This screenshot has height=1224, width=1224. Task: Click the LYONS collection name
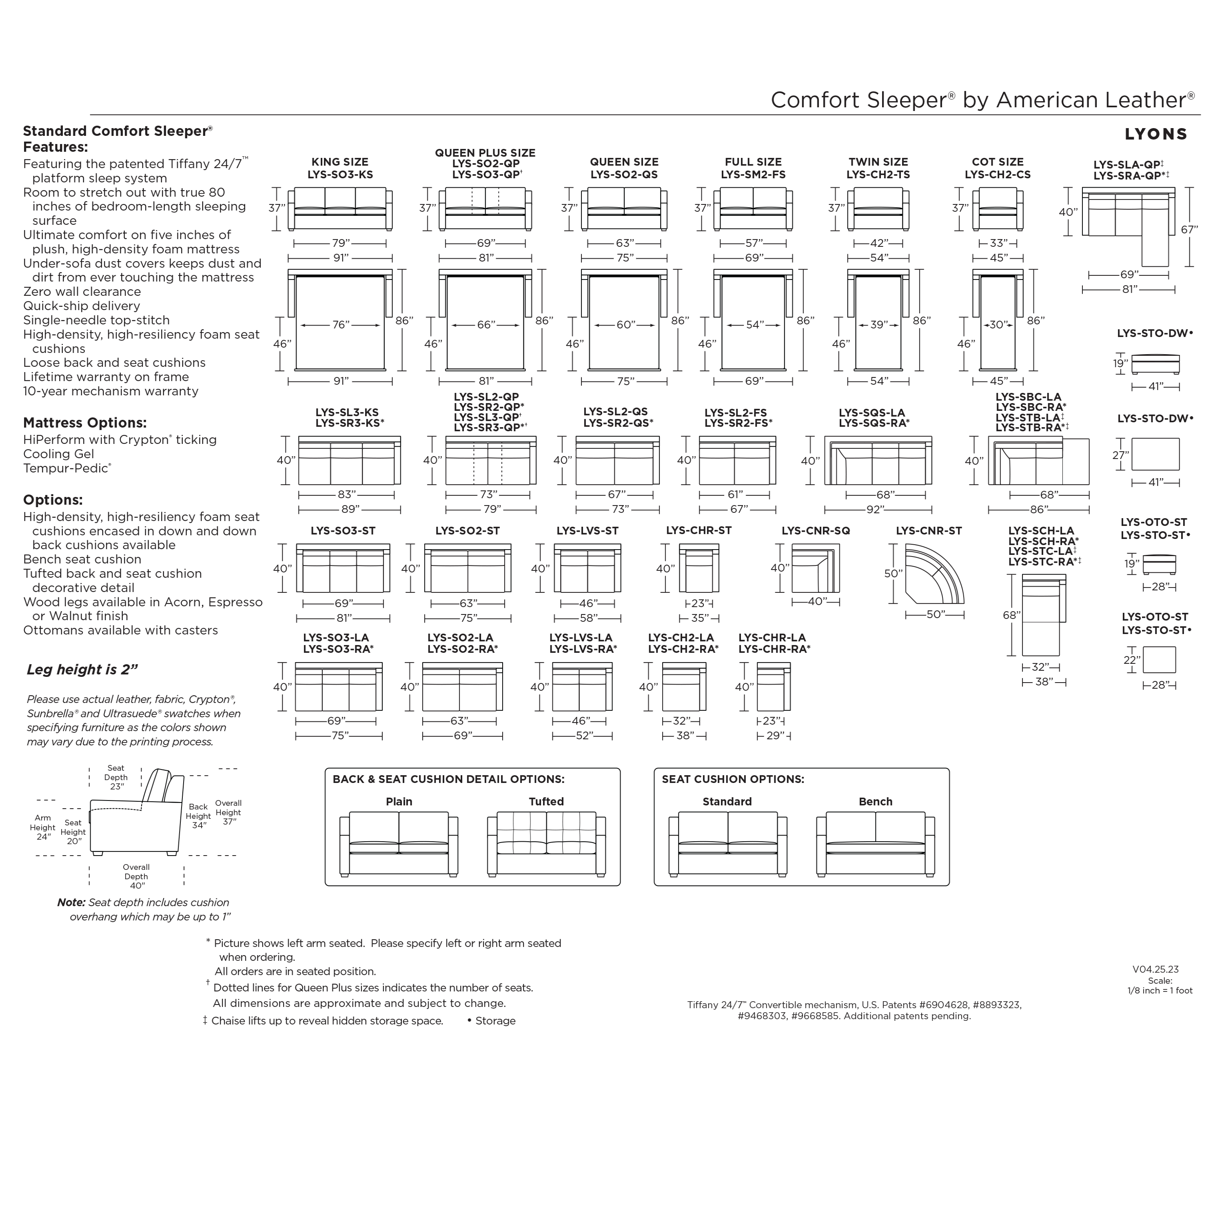[1155, 134]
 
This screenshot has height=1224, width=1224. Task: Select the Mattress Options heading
[85, 423]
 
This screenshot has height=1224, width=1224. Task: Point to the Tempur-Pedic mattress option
[67, 469]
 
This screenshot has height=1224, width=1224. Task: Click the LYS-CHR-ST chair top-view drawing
[699, 568]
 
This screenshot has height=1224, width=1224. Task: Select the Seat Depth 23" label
[116, 777]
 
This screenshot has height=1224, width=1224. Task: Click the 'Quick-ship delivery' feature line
[82, 306]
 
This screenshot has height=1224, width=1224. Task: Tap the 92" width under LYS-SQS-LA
[877, 509]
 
